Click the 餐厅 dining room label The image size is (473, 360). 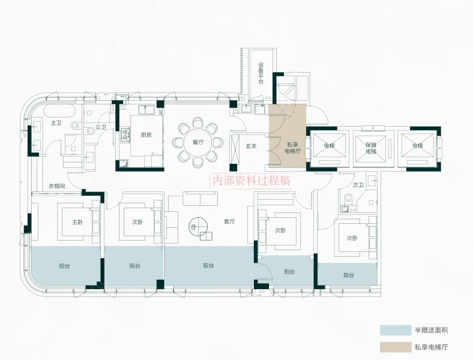(198, 142)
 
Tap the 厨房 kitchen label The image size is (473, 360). (146, 135)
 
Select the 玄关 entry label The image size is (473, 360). (251, 146)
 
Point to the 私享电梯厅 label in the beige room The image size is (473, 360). (293, 148)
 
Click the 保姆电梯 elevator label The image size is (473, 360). (371, 148)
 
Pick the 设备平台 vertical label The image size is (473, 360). (261, 73)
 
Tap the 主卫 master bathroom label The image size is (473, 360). (56, 123)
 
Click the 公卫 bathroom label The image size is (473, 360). (101, 127)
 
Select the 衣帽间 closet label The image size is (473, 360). (56, 186)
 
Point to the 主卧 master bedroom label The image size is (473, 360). (77, 222)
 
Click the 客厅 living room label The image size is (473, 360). (229, 221)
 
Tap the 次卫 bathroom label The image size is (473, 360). (358, 185)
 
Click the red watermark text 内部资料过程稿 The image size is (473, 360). (252, 181)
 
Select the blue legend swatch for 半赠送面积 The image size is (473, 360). (396, 330)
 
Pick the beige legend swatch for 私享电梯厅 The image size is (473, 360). (396, 347)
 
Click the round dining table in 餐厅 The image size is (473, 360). (198, 142)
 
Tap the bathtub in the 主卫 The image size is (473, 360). (59, 112)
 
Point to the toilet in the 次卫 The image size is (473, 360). (348, 199)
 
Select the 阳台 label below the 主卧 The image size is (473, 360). (65, 266)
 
